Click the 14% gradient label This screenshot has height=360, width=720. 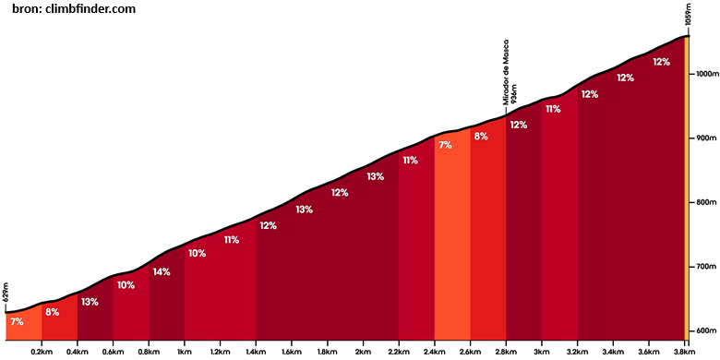point(162,271)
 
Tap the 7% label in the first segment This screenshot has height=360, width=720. point(17,322)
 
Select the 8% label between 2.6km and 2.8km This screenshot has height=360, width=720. point(481,137)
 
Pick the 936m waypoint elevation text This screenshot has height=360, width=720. point(514,94)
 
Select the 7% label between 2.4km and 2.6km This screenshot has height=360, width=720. point(446,146)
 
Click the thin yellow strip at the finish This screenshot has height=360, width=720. point(687,188)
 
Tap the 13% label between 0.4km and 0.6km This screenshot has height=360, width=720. point(90,302)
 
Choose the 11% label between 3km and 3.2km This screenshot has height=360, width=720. point(553,109)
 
